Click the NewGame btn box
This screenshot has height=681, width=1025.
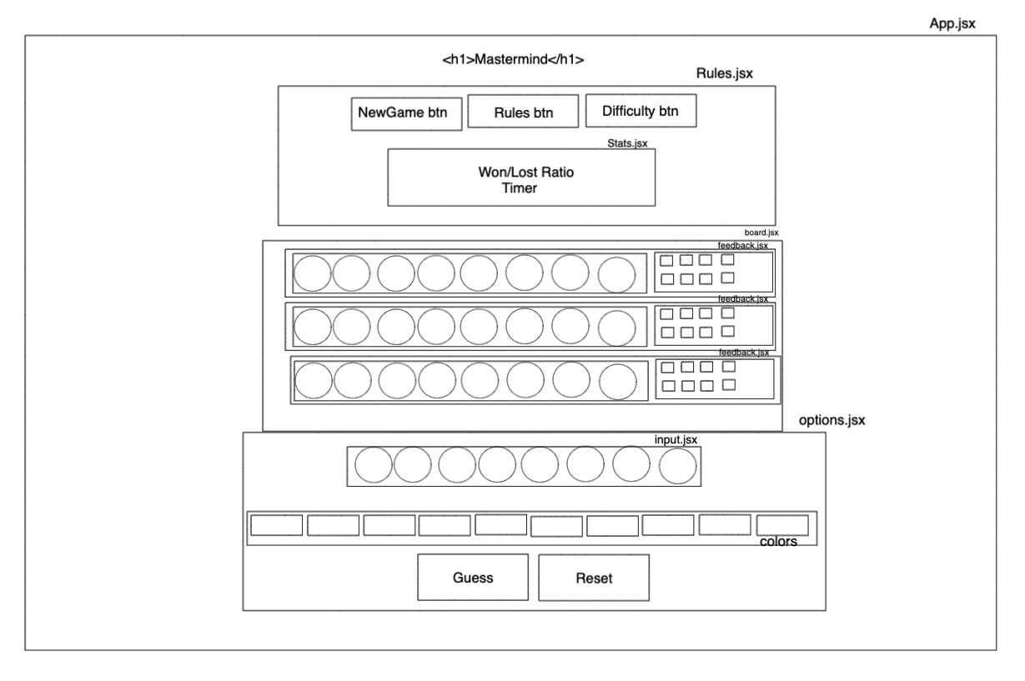click(x=405, y=114)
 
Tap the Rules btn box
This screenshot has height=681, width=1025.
click(x=522, y=112)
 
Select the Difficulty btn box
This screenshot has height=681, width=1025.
click(x=641, y=110)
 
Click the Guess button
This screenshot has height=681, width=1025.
click(x=473, y=577)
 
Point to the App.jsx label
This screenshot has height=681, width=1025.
click(x=952, y=24)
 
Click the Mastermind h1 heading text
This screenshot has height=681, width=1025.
click(x=513, y=60)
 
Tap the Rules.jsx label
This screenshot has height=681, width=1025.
click(x=724, y=73)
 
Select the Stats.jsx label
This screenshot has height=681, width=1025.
click(x=627, y=143)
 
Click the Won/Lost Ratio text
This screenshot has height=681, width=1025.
click(x=520, y=173)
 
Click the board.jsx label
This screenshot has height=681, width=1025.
click(x=761, y=233)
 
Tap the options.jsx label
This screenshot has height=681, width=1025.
click(x=832, y=421)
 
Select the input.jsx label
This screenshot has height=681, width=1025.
click(x=676, y=438)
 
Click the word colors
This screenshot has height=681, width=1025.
click(x=778, y=542)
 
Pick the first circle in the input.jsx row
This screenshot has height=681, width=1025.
click(x=373, y=466)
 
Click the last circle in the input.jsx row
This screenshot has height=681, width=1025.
click(x=677, y=466)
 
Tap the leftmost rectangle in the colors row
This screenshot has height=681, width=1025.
click(x=277, y=525)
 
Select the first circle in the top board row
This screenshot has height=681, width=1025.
click(x=313, y=273)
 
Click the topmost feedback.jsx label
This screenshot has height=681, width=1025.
click(x=743, y=246)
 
